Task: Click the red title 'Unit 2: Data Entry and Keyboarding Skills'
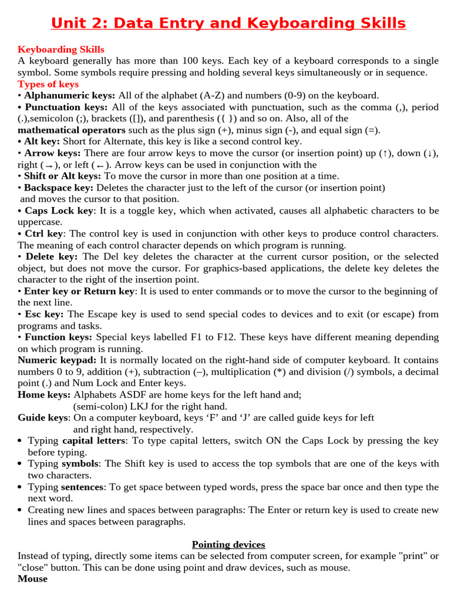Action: click(x=228, y=23)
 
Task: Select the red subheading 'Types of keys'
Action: click(x=48, y=84)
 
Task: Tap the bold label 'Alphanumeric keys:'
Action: click(x=70, y=95)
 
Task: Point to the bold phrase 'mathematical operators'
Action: click(x=72, y=130)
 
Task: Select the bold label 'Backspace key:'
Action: click(x=59, y=188)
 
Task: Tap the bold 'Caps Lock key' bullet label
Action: click(x=59, y=210)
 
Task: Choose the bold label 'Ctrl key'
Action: click(x=44, y=233)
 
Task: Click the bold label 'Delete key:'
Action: click(x=51, y=256)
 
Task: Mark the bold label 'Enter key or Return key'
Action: click(x=79, y=291)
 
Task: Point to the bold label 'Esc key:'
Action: click(x=44, y=314)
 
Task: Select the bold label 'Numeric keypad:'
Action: click(x=57, y=360)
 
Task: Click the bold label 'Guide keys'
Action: click(x=43, y=417)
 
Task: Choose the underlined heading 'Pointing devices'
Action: click(x=228, y=544)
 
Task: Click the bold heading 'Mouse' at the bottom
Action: click(x=32, y=578)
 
